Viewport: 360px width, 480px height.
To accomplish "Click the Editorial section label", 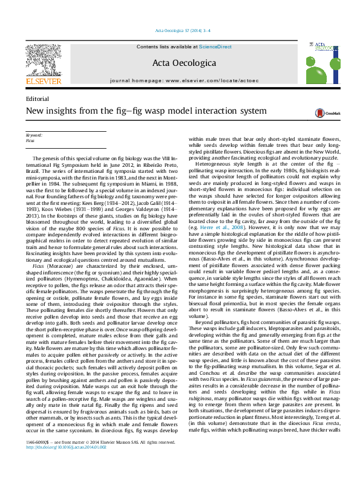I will coord(38,99).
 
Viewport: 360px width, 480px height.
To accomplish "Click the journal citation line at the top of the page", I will coord(180,30).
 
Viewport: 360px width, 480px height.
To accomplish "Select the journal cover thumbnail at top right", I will coord(320,62).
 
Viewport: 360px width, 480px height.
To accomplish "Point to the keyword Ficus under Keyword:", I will coord(30,140).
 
